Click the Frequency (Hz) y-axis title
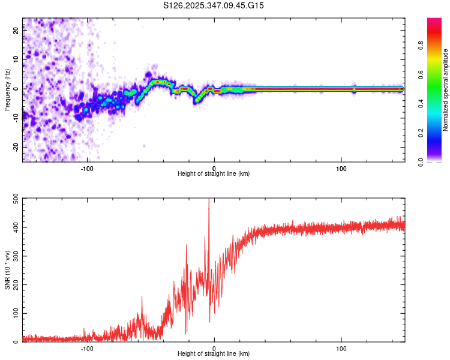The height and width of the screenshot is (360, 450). coord(7,90)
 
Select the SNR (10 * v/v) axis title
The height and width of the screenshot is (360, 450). coord(7,270)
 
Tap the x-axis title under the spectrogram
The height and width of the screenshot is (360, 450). coord(214,173)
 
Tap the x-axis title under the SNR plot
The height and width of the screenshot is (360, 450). coord(214,353)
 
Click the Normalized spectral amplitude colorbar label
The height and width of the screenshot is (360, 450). coord(446,90)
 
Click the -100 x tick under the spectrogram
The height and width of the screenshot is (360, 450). coord(88,167)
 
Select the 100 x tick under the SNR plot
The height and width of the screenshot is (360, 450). coord(341,347)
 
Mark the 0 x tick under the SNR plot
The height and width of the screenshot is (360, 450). coord(214,347)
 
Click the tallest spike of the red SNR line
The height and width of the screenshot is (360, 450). coord(209,200)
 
